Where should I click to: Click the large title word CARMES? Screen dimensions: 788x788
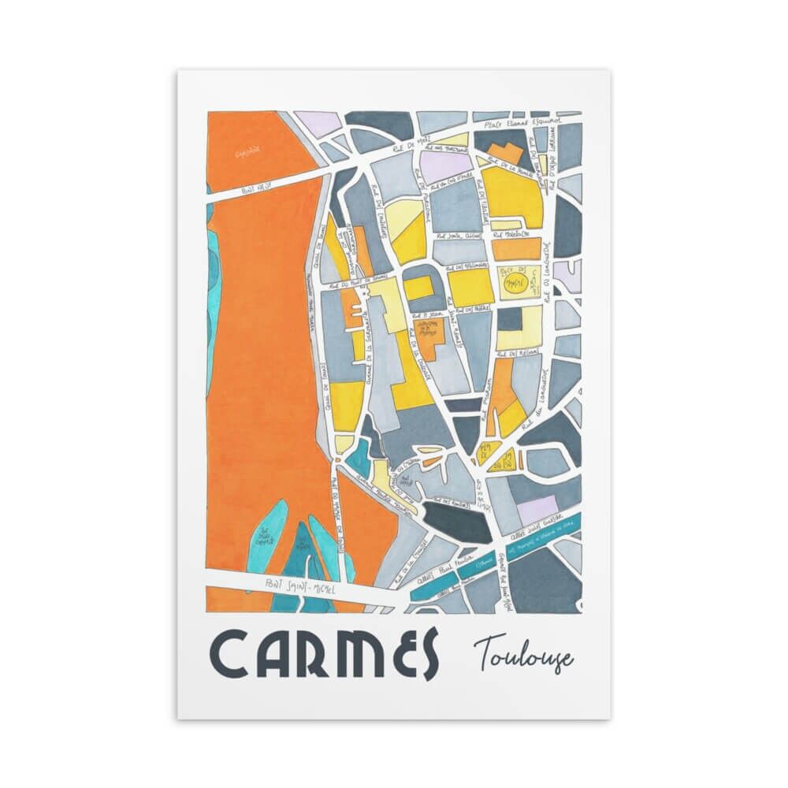coord(323,653)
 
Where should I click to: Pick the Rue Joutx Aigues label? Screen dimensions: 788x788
coord(463,234)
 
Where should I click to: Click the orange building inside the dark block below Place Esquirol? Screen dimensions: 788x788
coord(507,151)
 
